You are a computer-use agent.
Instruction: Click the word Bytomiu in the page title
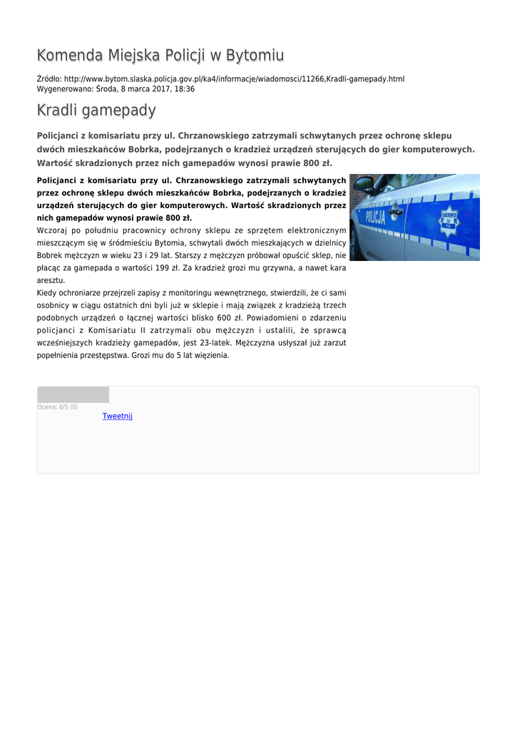coord(254,56)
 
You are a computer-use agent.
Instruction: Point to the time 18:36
coord(185,89)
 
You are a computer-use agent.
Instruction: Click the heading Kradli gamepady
coord(96,110)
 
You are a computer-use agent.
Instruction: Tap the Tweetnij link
coord(118,416)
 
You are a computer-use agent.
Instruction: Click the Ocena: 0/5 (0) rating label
coord(58,407)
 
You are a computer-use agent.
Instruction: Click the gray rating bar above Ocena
coord(73,395)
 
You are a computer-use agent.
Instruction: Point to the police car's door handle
coord(396,212)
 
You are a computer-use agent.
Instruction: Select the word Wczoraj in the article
coord(51,230)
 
